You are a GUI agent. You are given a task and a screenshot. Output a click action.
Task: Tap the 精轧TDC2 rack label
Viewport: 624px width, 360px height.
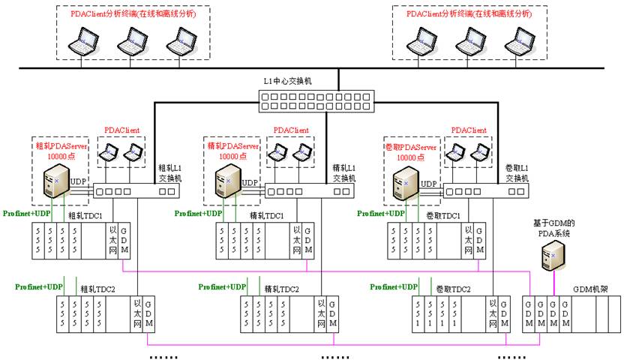point(282,289)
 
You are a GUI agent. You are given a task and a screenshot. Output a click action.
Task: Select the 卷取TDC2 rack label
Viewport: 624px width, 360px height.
point(454,289)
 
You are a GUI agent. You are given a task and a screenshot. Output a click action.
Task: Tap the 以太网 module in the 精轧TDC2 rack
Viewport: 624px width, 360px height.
point(322,313)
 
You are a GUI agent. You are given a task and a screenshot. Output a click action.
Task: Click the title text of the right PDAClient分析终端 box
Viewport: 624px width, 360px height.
point(469,14)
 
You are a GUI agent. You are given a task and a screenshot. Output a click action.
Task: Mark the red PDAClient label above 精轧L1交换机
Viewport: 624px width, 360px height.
point(291,129)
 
